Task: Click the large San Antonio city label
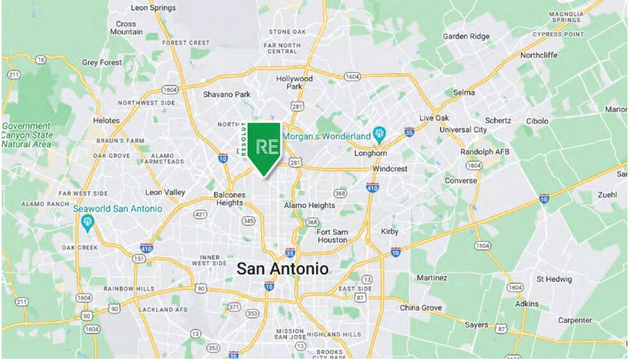282,268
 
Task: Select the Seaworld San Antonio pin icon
88,222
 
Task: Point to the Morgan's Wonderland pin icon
379,134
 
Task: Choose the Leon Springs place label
152,8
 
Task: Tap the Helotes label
106,120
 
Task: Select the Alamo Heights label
309,205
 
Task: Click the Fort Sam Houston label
332,236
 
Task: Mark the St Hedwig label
554,279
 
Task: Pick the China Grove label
421,308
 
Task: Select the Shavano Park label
227,94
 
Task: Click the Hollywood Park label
295,83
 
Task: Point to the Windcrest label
390,168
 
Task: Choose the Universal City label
464,129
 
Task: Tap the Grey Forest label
102,63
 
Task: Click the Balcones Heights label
229,199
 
